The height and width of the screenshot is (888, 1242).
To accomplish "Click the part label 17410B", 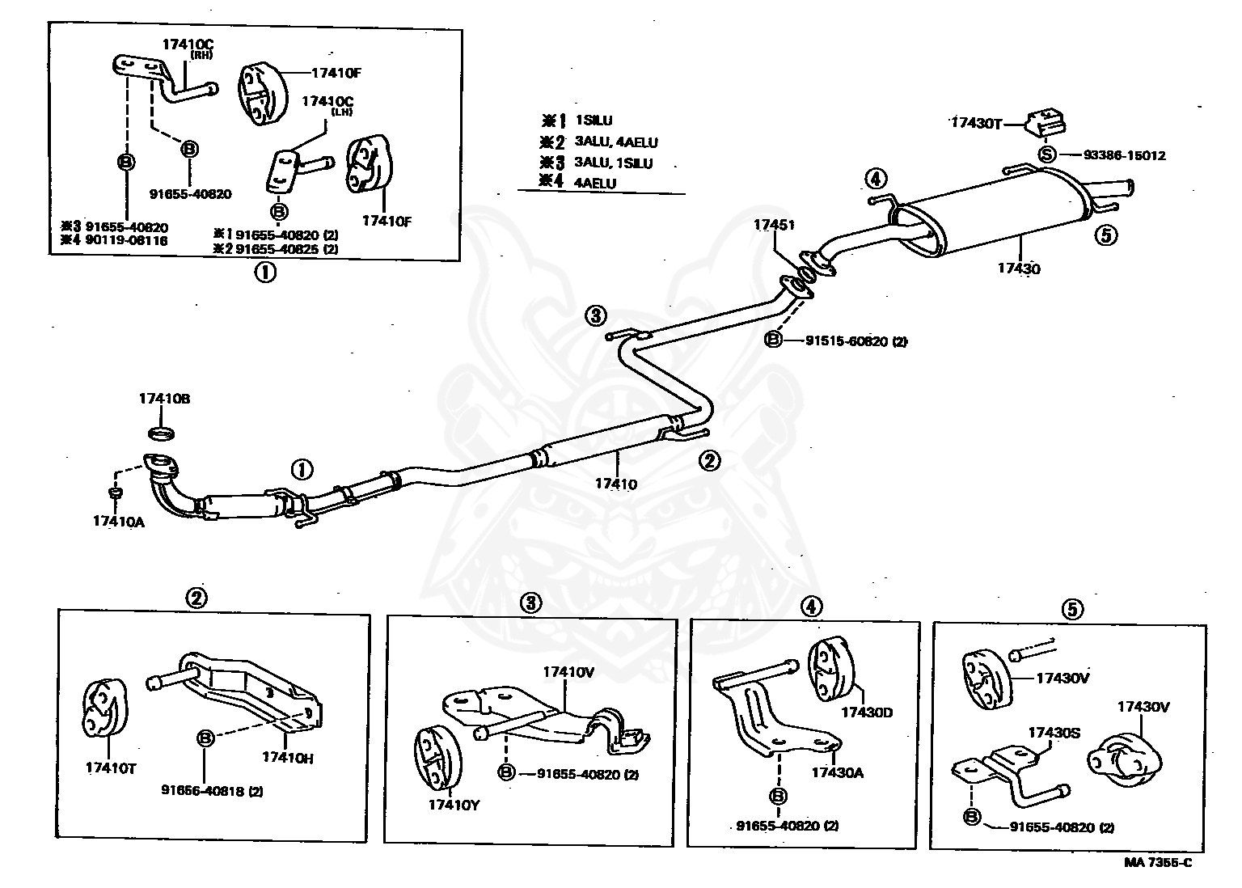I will [x=164, y=399].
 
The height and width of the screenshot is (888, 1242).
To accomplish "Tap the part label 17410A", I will [x=118, y=522].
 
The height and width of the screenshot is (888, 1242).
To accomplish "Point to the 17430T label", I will [x=976, y=123].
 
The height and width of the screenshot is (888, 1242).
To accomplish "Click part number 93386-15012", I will [x=1124, y=155].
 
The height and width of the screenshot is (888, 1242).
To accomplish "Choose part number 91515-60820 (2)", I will [x=855, y=341].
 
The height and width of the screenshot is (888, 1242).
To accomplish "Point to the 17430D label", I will [x=866, y=712].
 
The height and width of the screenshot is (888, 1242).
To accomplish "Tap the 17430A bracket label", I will [x=837, y=772].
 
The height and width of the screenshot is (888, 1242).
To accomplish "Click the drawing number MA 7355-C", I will [x=1157, y=862].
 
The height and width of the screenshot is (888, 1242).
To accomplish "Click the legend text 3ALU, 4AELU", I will [x=616, y=142].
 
